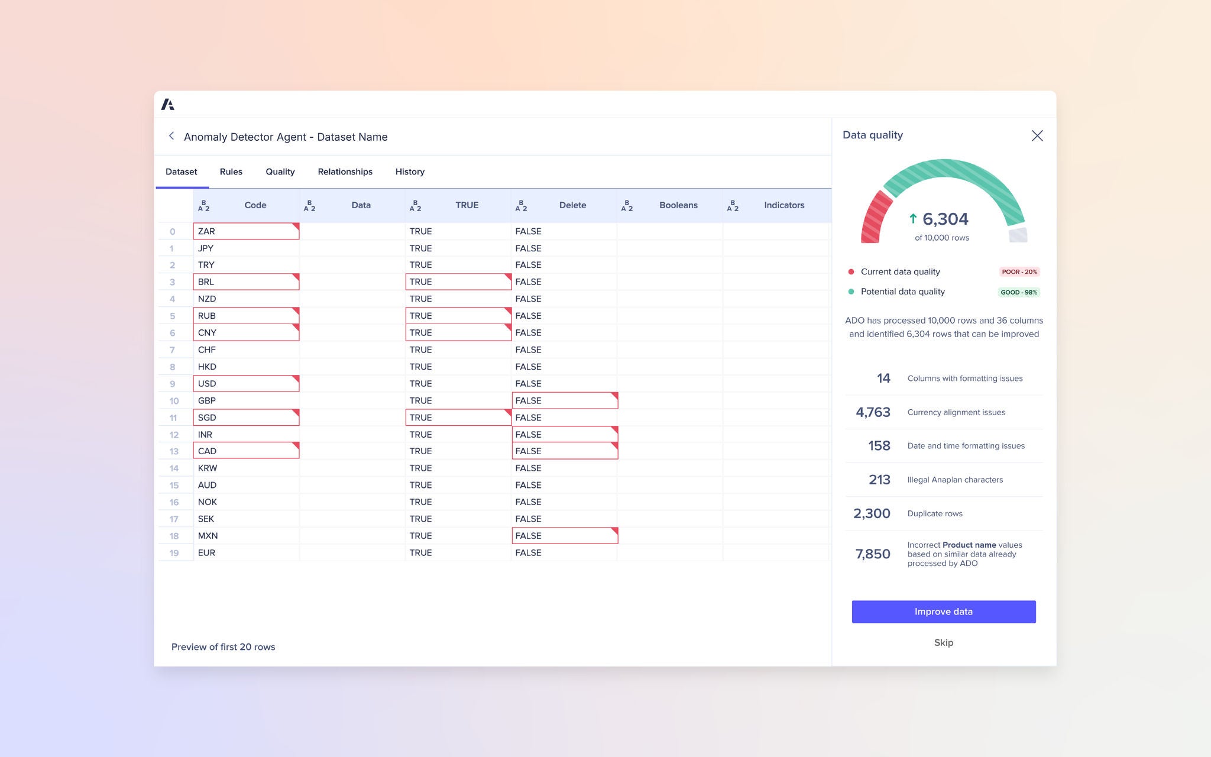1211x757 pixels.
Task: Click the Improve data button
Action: point(943,612)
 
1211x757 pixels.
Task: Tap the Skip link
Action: point(943,642)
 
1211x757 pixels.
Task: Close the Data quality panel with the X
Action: point(1037,136)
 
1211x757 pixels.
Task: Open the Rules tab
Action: point(231,172)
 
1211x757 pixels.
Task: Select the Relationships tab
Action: point(345,172)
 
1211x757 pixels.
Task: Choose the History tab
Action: point(410,172)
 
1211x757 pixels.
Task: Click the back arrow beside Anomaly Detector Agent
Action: point(171,136)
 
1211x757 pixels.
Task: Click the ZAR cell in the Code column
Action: point(246,231)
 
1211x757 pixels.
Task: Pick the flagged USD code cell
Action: point(246,384)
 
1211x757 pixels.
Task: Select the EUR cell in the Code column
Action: point(246,553)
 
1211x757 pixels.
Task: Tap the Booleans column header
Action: point(678,205)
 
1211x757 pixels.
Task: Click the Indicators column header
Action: point(783,205)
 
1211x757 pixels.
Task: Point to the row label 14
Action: point(174,468)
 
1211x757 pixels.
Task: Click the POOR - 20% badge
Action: point(1019,272)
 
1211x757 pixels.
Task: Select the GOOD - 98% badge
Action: point(1019,292)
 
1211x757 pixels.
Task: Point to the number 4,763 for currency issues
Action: point(873,412)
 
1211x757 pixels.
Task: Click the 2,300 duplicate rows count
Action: point(872,513)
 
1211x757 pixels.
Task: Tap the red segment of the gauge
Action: point(875,218)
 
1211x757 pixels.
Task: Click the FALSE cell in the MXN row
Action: point(564,536)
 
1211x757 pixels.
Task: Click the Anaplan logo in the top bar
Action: point(168,105)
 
